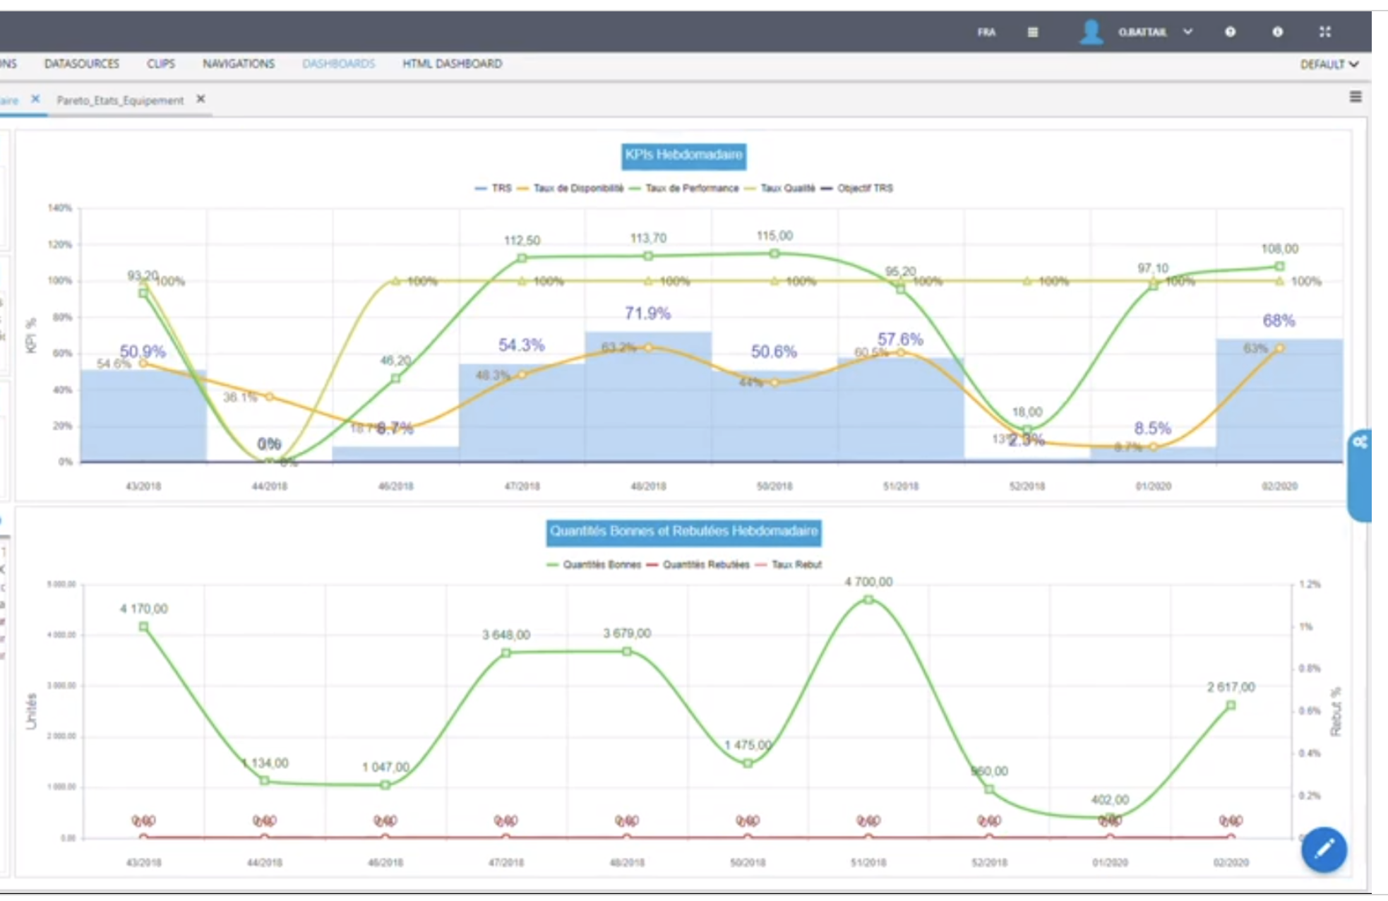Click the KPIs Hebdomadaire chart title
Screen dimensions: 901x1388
coord(683,155)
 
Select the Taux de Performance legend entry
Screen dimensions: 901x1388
coord(690,189)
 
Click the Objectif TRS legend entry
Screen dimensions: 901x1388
coord(864,189)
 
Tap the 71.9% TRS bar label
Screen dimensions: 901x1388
coord(647,313)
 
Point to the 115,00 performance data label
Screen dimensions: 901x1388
coord(774,236)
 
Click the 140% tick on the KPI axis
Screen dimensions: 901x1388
coord(60,208)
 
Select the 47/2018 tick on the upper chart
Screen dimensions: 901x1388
coord(522,487)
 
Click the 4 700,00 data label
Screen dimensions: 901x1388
coord(868,582)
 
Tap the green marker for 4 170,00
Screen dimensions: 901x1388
coord(144,627)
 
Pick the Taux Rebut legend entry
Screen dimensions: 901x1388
coord(796,565)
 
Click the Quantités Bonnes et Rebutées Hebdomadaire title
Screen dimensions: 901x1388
coord(683,532)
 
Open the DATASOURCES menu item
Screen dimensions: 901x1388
coord(82,64)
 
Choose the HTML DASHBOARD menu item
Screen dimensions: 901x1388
coord(452,64)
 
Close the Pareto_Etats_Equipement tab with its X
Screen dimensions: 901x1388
coord(201,100)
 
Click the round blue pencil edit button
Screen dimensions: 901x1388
coord(1324,849)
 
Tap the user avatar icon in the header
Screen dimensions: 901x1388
coord(1091,32)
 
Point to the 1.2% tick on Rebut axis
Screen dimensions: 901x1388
coord(1310,585)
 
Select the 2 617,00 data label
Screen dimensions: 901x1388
coord(1231,687)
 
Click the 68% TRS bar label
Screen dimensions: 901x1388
coord(1279,321)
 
